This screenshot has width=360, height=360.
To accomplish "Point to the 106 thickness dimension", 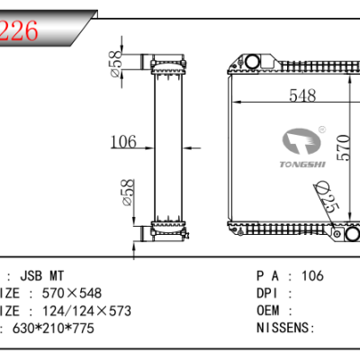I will point(122,141).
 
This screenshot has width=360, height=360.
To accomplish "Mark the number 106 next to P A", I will point(311,275).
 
